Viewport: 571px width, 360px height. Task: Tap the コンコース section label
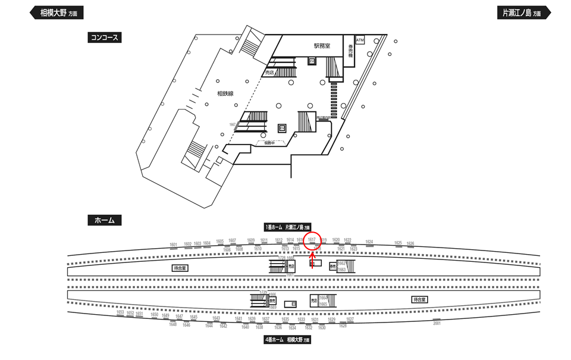point(104,37)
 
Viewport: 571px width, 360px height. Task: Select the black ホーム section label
point(104,220)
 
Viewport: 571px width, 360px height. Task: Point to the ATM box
point(359,40)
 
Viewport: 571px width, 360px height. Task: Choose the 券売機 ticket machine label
point(351,50)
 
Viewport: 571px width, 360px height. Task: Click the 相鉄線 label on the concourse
point(225,93)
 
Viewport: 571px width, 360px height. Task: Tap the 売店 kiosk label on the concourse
point(269,73)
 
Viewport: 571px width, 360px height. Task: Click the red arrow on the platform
point(312,259)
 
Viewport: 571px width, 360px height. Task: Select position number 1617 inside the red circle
point(311,240)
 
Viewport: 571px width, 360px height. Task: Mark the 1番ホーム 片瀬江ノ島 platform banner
point(287,227)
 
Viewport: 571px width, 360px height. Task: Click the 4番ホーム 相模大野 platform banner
point(287,340)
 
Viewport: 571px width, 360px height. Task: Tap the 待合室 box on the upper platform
point(180,268)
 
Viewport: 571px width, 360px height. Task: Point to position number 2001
point(437,323)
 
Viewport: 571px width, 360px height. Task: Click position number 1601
point(174,245)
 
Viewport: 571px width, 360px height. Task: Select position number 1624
point(369,242)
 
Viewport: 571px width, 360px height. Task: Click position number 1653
point(120,312)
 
